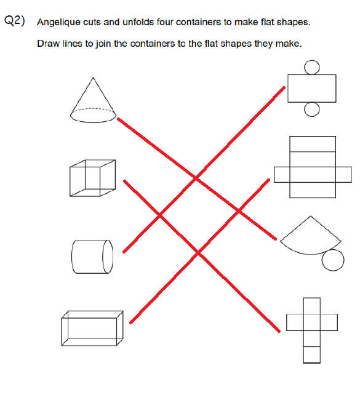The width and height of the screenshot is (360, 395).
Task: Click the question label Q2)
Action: coord(15,20)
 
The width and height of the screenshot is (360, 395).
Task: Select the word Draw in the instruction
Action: coord(48,44)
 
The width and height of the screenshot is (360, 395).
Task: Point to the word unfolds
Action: coord(138,22)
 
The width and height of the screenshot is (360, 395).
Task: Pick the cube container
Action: coord(92,178)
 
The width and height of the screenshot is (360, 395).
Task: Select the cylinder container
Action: coord(92,257)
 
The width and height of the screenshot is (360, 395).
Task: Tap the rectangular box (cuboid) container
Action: coord(92,328)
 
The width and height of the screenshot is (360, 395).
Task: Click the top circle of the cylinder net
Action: coord(312,68)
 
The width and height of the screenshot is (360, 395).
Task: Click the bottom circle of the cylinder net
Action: coord(312,110)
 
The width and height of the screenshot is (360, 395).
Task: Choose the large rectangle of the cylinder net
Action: coord(312,89)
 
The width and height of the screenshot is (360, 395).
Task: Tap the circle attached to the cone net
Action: coord(333,260)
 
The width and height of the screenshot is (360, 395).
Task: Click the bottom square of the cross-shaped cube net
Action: coord(311,354)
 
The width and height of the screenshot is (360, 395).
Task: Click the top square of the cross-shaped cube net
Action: coord(311,306)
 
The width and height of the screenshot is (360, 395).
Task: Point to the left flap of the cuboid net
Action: coord(282,174)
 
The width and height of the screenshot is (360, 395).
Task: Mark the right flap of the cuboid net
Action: coord(343,174)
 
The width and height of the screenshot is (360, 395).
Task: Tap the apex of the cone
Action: coord(93,78)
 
